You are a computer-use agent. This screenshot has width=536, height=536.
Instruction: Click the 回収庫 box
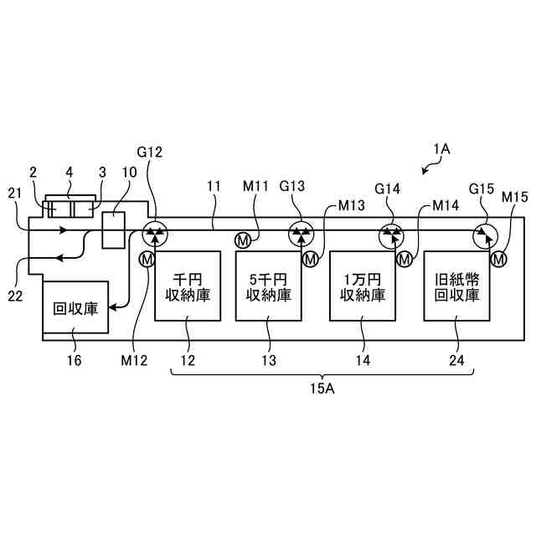point(75,307)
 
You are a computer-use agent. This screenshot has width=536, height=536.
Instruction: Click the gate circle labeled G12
point(154,234)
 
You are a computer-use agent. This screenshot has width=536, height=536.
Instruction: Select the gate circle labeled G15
point(484,234)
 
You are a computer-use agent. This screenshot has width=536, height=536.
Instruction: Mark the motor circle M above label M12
point(147,260)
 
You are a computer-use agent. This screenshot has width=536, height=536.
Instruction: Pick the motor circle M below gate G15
point(499,260)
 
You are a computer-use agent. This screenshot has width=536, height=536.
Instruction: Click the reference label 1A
point(441,148)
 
